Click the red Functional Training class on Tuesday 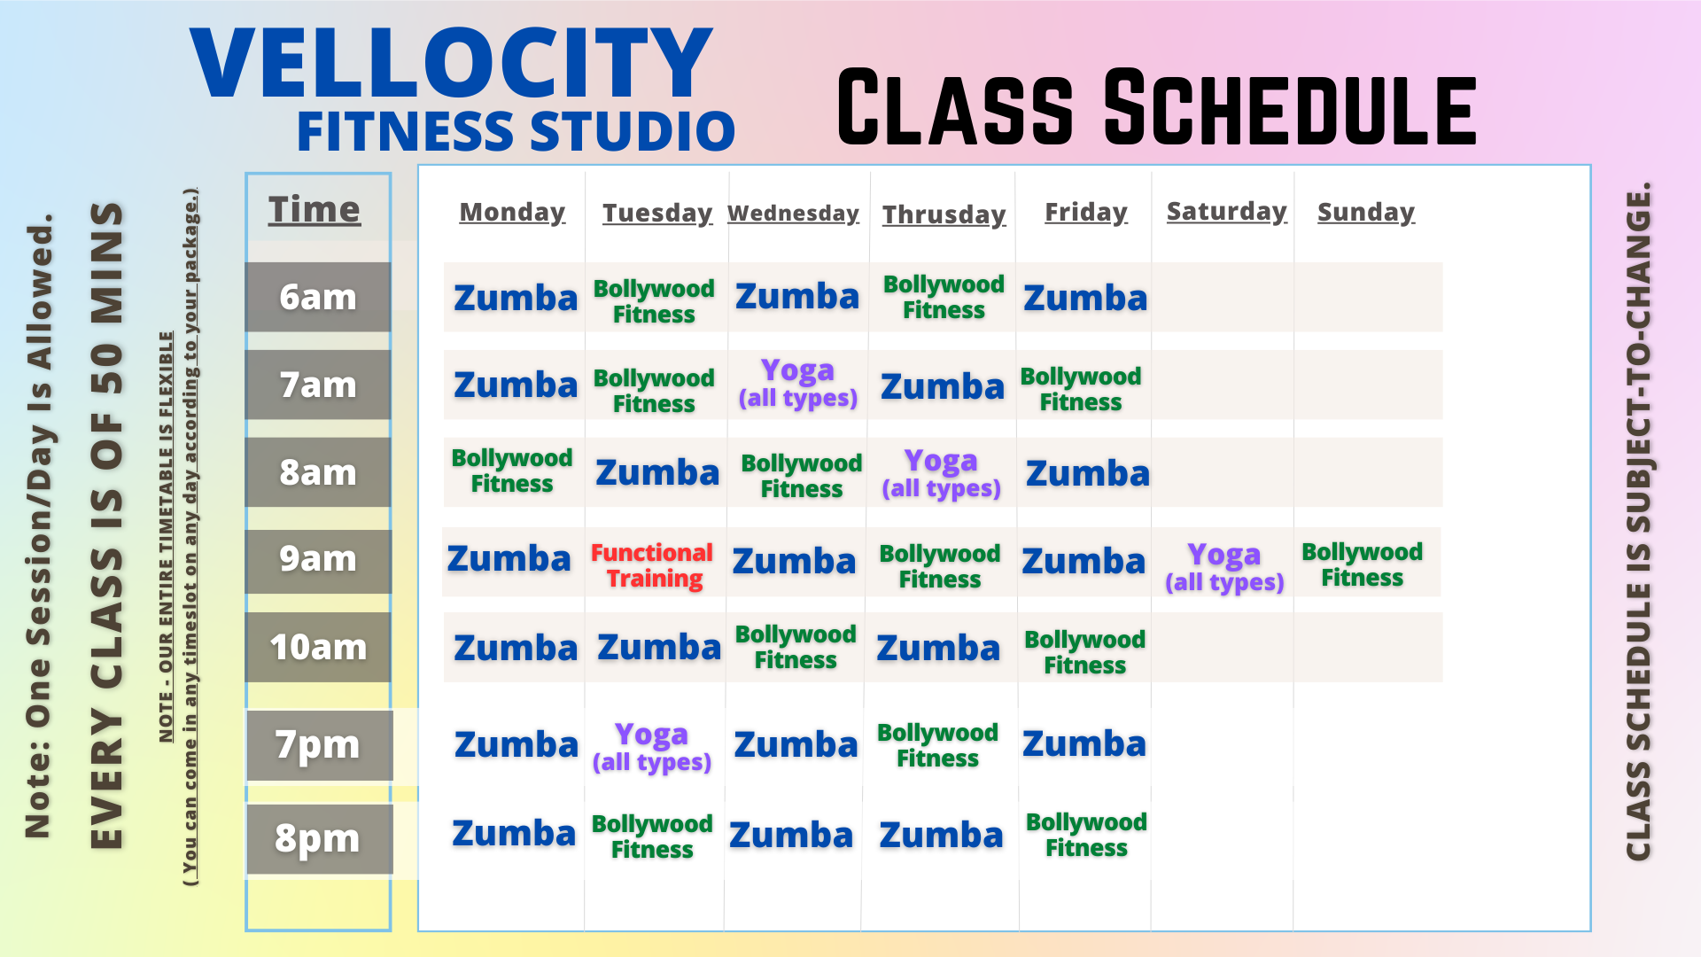tap(652, 565)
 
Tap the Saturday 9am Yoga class tap(1223, 567)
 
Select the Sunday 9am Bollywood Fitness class tap(1362, 564)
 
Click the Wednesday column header tap(793, 214)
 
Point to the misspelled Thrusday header tap(944, 214)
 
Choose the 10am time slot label tap(318, 648)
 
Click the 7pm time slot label tap(318, 745)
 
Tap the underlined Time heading tap(315, 210)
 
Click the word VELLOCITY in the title tap(451, 64)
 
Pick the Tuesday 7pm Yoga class tap(652, 747)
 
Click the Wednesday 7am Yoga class tap(797, 383)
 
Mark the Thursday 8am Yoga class tap(941, 473)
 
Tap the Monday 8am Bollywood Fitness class tap(512, 471)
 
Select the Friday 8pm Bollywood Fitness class tap(1086, 835)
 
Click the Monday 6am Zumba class tap(516, 298)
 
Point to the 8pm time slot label tap(318, 838)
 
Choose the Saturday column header tap(1226, 212)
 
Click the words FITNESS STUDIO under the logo tap(516, 131)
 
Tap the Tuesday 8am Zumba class tap(657, 473)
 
